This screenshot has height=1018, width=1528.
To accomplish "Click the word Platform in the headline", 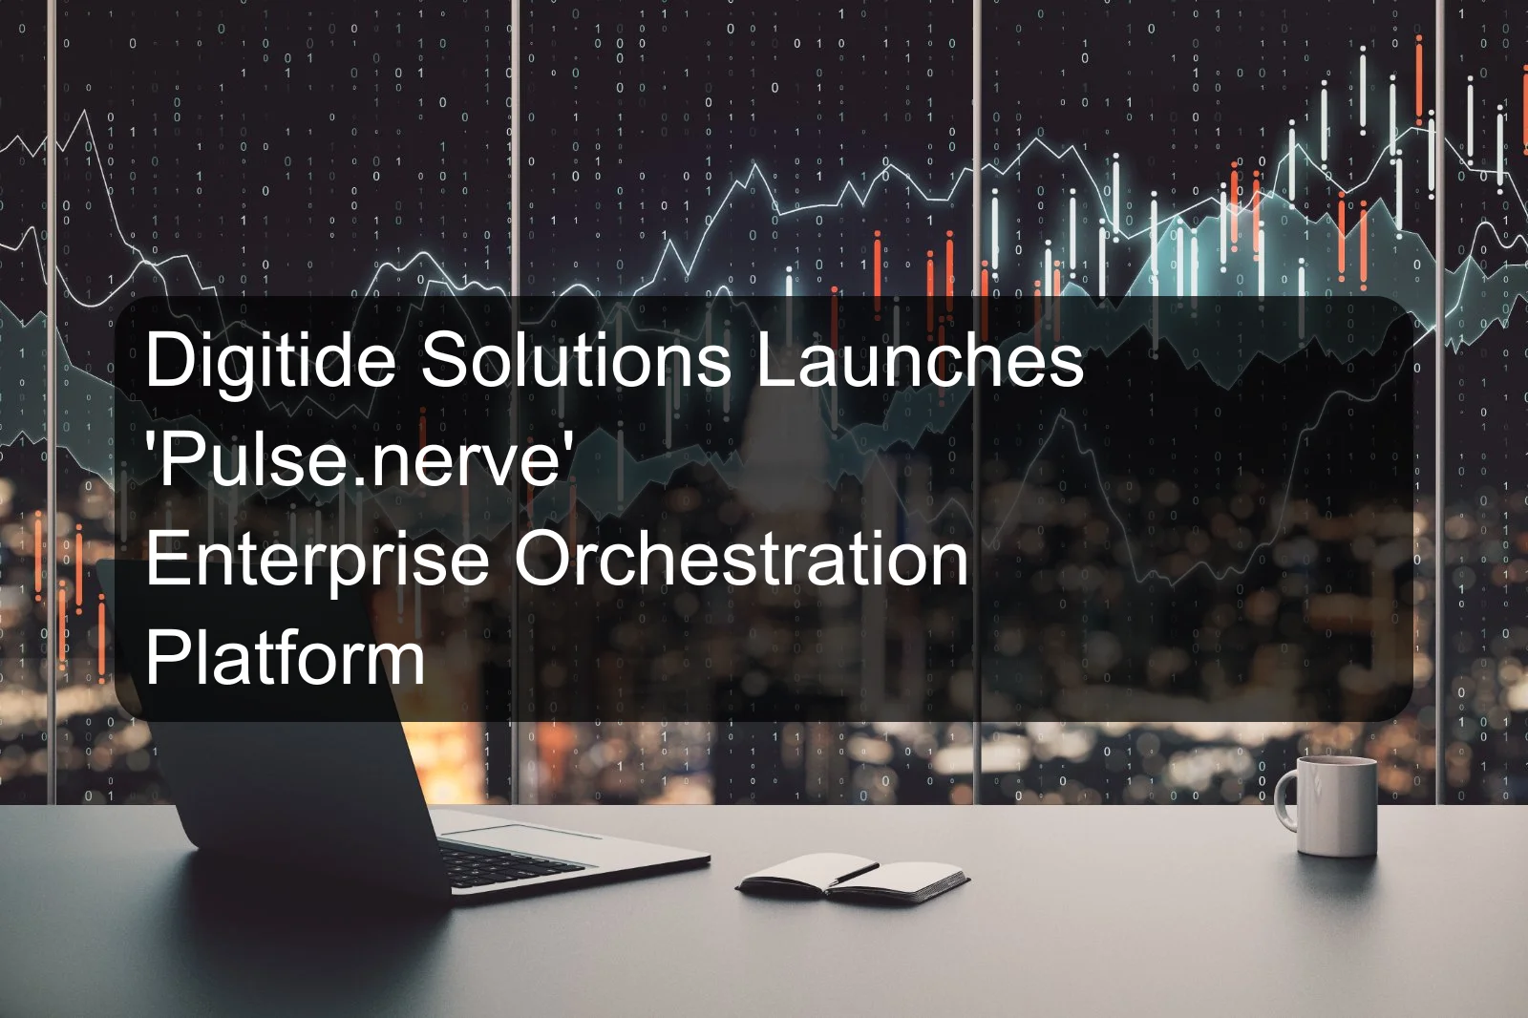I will click(285, 658).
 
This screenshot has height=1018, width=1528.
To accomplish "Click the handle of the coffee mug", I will click(1284, 799).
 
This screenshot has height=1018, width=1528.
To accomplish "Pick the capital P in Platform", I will click(164, 658).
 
